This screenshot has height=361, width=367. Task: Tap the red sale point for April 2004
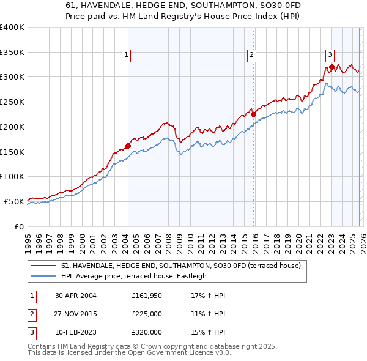128,146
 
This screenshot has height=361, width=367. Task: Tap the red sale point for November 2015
253,114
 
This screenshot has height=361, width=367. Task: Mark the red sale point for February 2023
332,67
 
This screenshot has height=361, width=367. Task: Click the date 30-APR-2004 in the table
75,296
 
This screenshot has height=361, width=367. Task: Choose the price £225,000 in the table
147,314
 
